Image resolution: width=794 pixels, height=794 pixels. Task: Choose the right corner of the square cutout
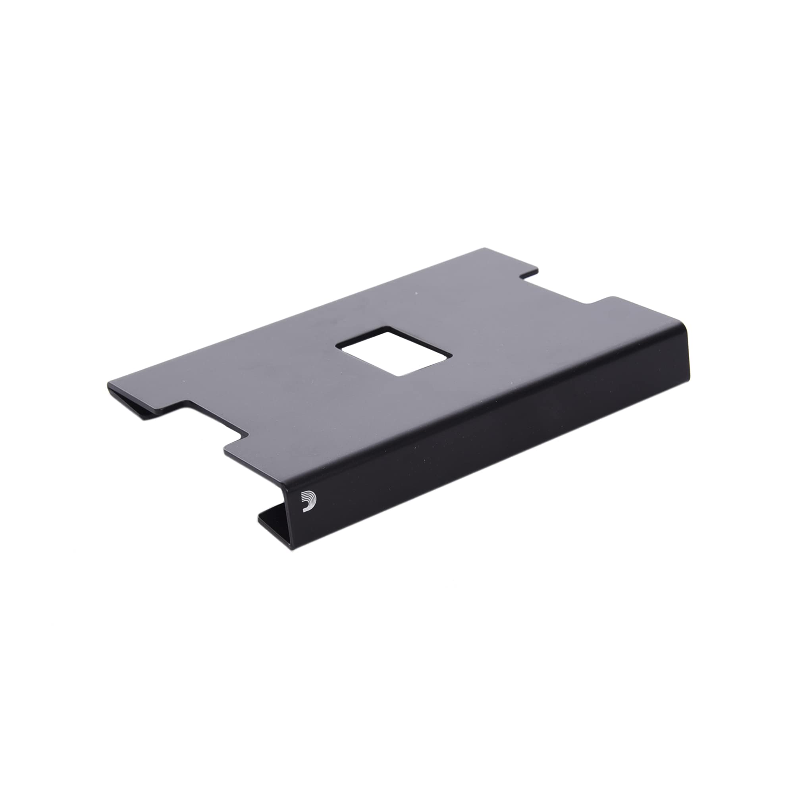pos(452,357)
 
